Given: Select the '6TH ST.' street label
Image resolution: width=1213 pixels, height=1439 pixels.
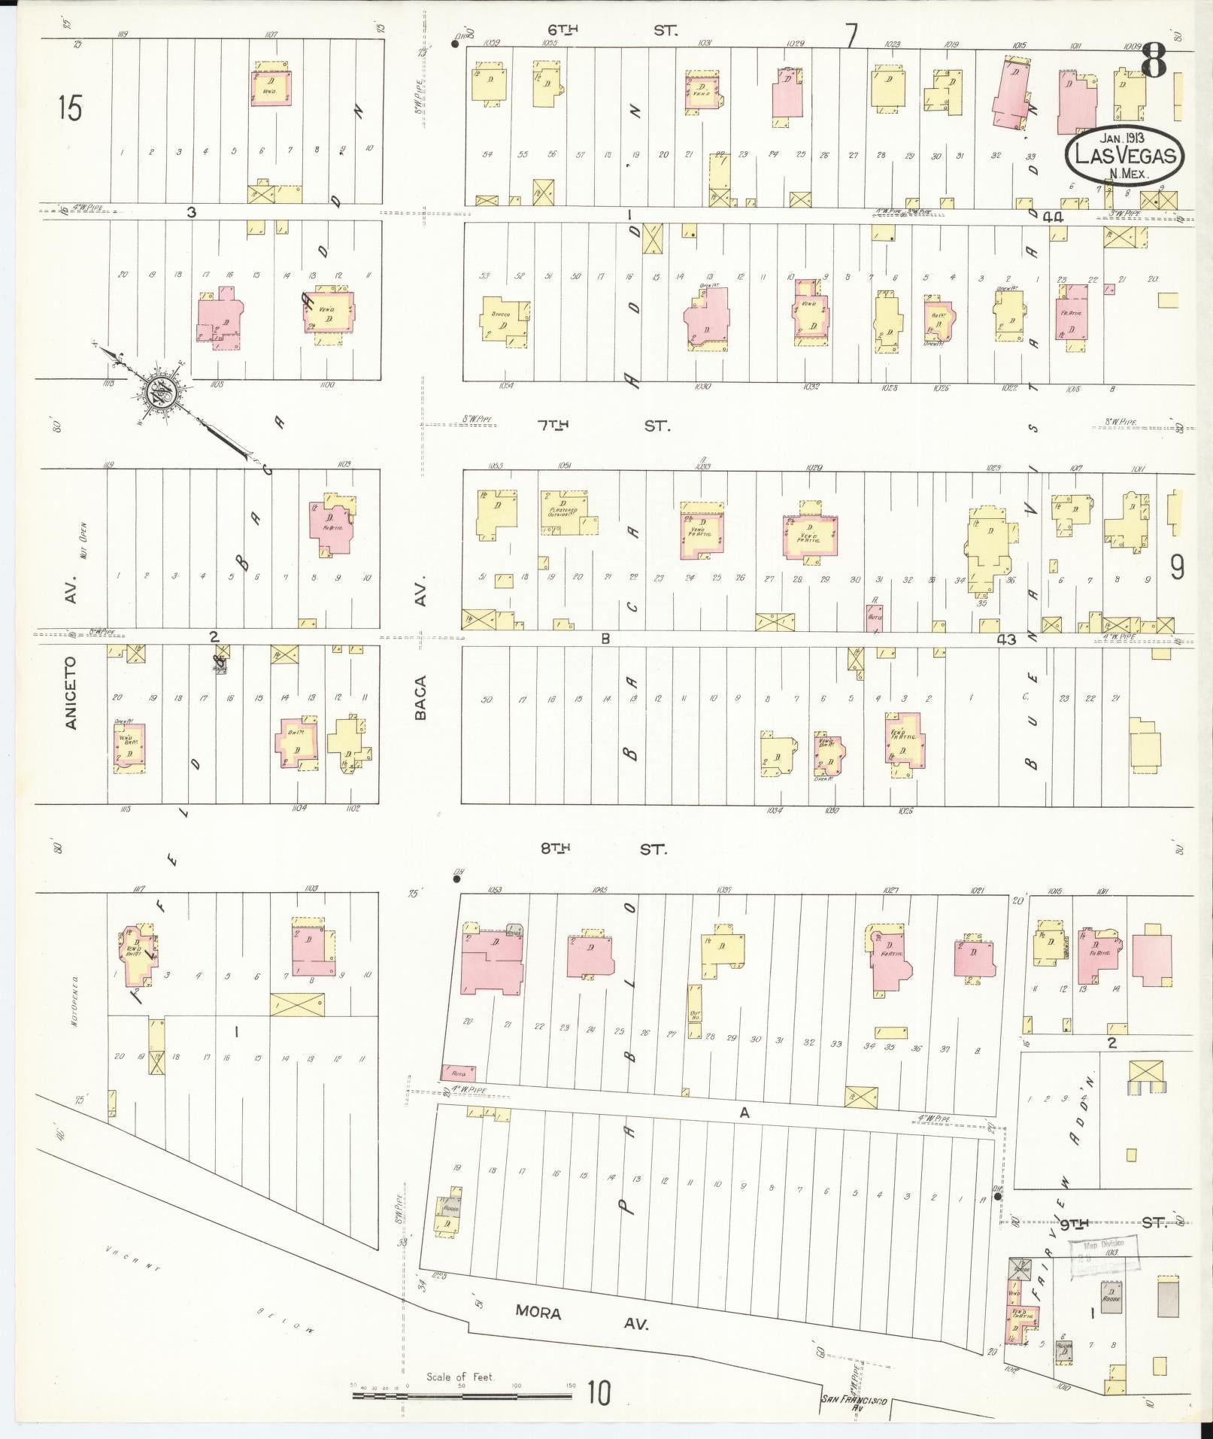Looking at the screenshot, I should coord(612,31).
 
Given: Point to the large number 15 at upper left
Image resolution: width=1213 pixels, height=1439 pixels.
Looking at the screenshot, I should coord(69,109).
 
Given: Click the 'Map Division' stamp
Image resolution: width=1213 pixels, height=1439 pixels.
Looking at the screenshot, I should coord(1103,1255).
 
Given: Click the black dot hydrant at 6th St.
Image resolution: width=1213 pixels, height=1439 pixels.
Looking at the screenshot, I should coord(455,44).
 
